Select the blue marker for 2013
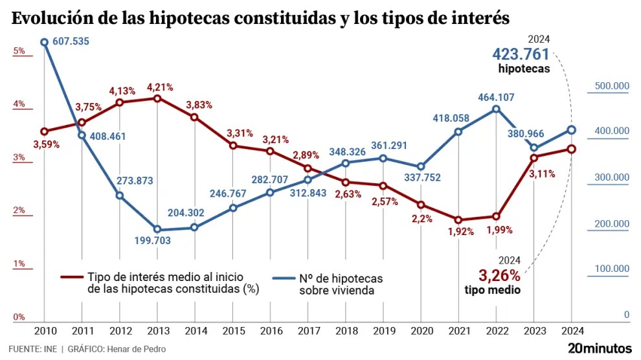click(157, 230)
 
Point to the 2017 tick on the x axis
click(308, 331)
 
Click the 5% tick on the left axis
click(19, 51)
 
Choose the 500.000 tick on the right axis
click(612, 85)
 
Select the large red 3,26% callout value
click(499, 275)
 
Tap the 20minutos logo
click(600, 348)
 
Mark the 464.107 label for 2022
click(497, 97)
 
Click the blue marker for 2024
click(572, 129)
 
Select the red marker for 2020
click(421, 205)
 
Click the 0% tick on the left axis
click(19, 317)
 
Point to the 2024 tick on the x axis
click(572, 331)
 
